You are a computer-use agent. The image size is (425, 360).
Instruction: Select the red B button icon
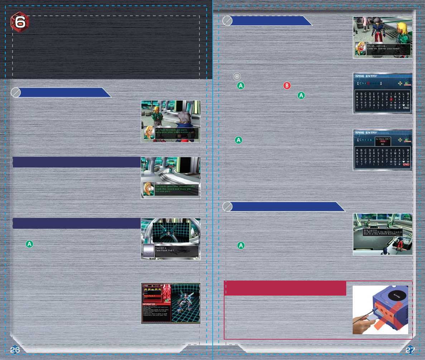click(x=287, y=86)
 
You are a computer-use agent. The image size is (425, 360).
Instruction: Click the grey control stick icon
click(x=236, y=76)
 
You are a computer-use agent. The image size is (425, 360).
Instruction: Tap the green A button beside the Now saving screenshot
click(x=241, y=245)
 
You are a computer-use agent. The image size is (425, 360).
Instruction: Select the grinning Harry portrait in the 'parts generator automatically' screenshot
click(x=148, y=189)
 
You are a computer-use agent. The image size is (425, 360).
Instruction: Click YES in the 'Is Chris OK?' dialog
click(x=383, y=141)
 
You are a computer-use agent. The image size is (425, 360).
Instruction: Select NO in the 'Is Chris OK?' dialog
click(x=383, y=145)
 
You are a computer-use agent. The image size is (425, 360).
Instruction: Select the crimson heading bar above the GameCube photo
click(x=285, y=288)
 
